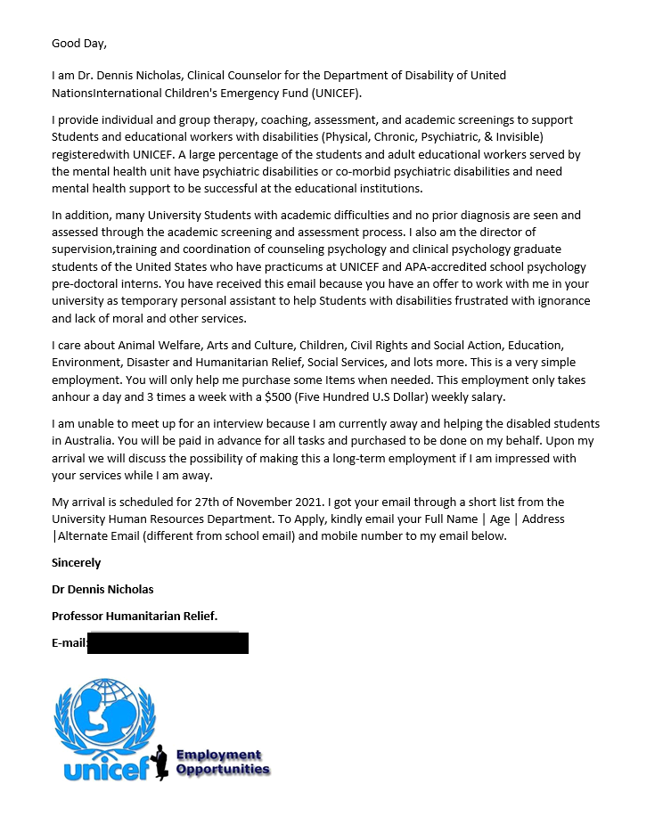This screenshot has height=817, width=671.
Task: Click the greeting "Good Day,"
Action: pos(78,43)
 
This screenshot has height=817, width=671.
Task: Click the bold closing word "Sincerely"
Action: pos(77,562)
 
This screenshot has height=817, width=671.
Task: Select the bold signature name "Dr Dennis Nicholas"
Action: pos(102,589)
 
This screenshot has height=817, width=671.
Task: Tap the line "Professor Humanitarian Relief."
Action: pos(135,616)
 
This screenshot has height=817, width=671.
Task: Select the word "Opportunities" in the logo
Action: pos(223,769)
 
